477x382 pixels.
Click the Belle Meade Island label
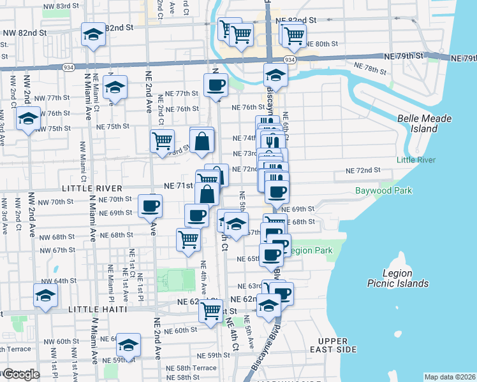click(x=424, y=124)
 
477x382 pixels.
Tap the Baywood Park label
click(x=383, y=190)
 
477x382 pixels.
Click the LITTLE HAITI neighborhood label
click(x=95, y=309)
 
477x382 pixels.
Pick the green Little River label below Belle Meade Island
click(x=416, y=159)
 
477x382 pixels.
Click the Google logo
click(x=20, y=374)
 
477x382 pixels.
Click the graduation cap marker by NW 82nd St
click(x=93, y=36)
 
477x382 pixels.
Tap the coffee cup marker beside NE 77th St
click(x=216, y=85)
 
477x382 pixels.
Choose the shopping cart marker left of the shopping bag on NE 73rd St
click(x=163, y=141)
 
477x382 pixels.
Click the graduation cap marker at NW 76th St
click(x=27, y=119)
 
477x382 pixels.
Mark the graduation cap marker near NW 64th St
click(x=45, y=296)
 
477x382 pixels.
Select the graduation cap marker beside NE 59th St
click(x=129, y=346)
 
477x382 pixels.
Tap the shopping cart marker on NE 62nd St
click(x=210, y=311)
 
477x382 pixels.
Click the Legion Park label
click(x=312, y=251)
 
